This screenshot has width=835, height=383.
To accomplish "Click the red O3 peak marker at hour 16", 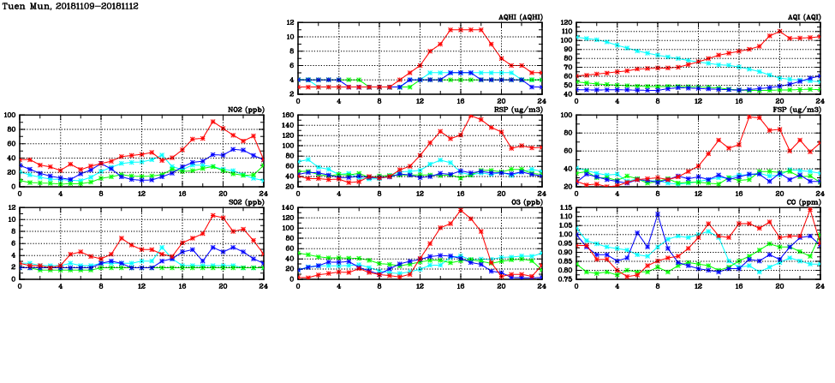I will click(x=461, y=210).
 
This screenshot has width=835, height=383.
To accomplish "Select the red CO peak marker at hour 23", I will click(x=809, y=210).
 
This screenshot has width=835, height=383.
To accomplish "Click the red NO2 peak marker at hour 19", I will click(x=213, y=122).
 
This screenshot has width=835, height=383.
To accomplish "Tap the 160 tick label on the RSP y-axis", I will click(x=287, y=116).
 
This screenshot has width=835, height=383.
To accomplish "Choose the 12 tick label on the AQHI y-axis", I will click(x=290, y=23).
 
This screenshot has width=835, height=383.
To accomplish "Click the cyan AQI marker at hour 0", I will click(x=576, y=38).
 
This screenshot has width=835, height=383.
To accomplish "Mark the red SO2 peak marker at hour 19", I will click(x=213, y=215).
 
